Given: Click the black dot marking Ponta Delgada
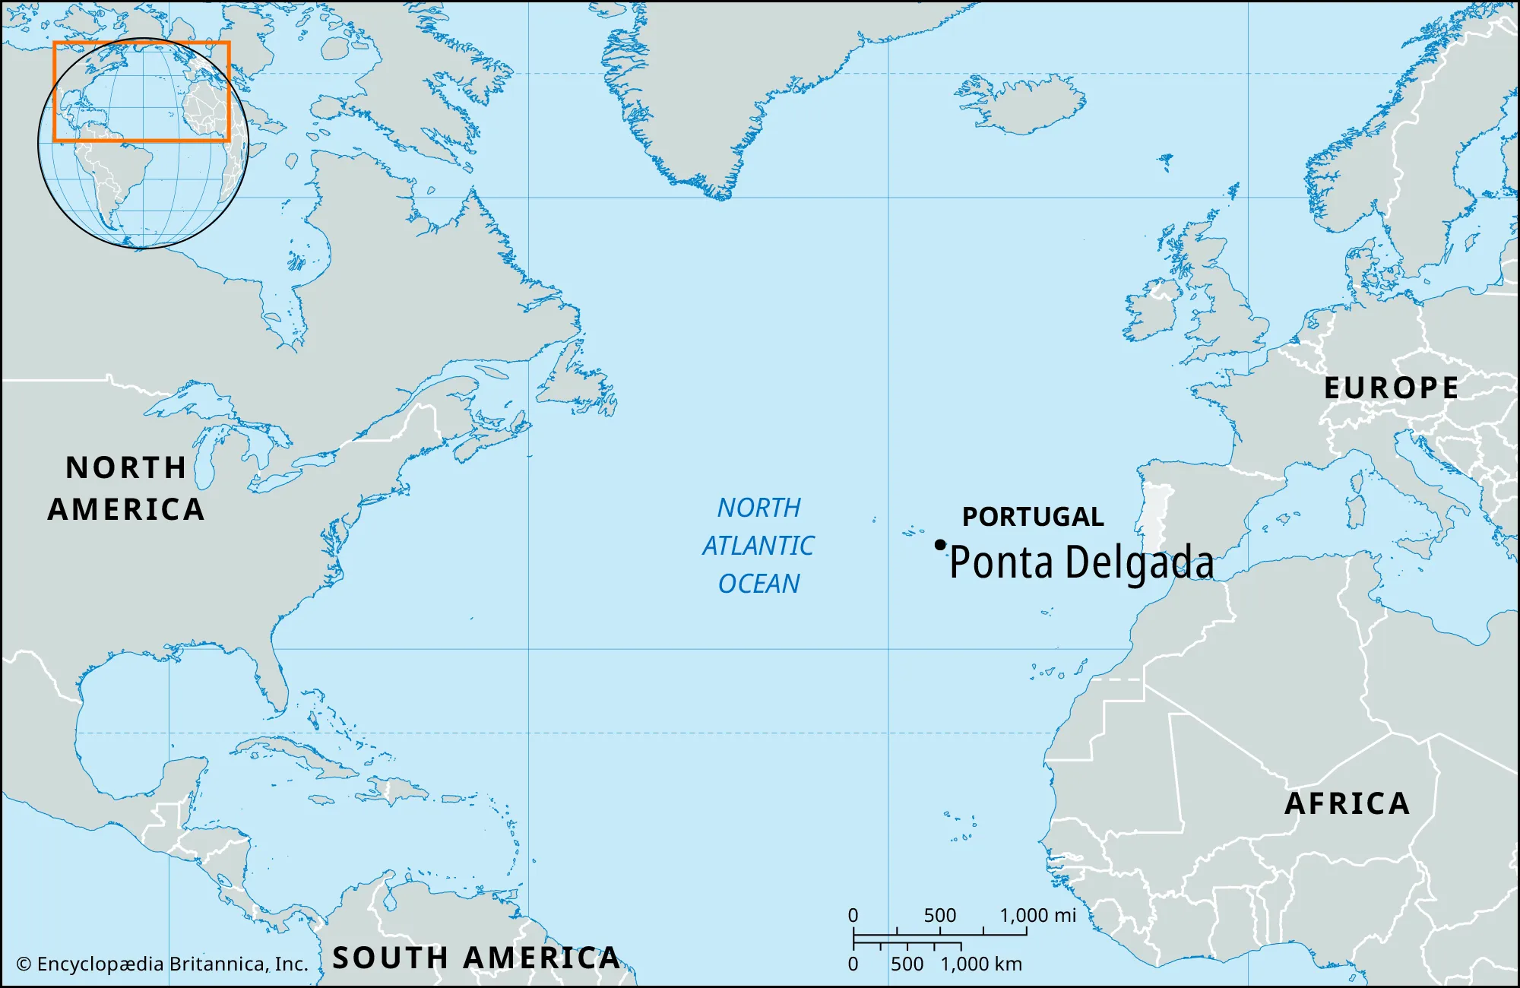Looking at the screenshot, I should click(x=940, y=545).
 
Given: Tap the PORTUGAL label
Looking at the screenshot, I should click(x=1033, y=517).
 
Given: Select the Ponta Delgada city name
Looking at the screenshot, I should click(x=1081, y=563).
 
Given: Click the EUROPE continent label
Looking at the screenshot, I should click(x=1391, y=388).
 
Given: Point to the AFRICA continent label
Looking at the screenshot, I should click(x=1347, y=803).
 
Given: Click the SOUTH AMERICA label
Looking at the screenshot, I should click(x=477, y=958).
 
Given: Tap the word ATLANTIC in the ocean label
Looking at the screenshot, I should click(x=758, y=546).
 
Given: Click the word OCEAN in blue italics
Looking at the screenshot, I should click(x=758, y=584).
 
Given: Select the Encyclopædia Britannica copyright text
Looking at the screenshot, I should click(x=163, y=964).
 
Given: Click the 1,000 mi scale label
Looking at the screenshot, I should click(x=1037, y=915).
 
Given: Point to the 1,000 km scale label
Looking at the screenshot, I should click(x=981, y=964).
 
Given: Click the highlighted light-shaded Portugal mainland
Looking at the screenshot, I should click(x=1155, y=517).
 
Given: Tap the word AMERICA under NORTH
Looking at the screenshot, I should click(x=126, y=509).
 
